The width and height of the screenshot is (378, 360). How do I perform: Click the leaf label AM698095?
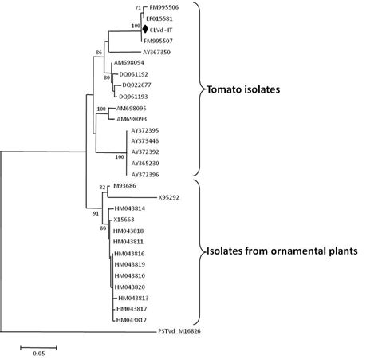[x=131, y=107]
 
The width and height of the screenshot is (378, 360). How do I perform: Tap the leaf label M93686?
[x=125, y=185]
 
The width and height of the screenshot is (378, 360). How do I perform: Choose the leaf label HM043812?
[x=130, y=320]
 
